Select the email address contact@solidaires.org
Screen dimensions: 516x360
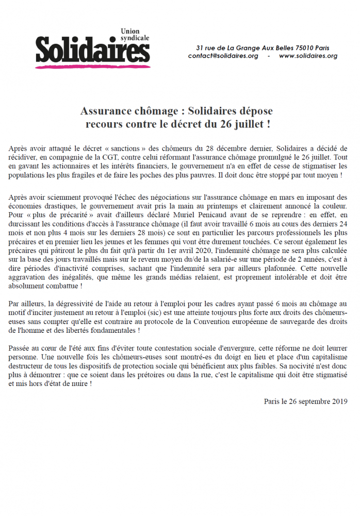click(223, 56)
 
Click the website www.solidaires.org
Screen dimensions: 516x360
click(308, 56)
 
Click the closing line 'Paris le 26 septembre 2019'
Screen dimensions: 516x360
click(305, 401)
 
